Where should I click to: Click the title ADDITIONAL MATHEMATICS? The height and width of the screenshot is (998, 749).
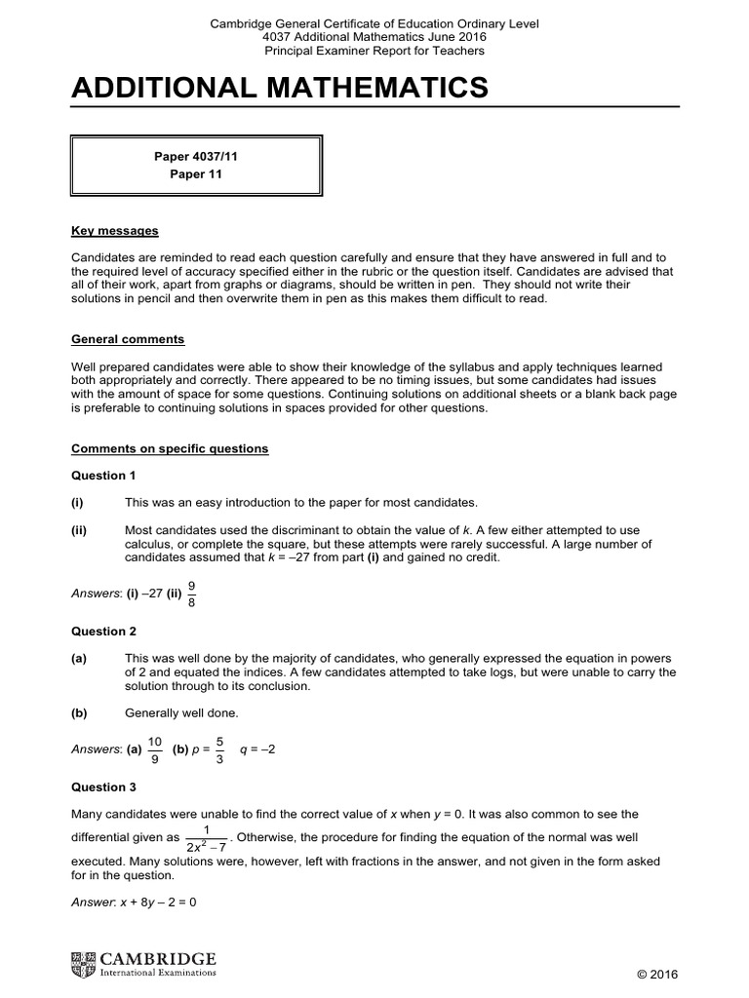(280, 89)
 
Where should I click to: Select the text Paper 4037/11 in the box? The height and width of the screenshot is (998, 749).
(196, 156)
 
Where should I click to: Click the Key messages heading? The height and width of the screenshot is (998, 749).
(115, 231)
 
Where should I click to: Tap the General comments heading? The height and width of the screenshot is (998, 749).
(128, 339)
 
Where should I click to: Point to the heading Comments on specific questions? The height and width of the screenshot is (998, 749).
(170, 448)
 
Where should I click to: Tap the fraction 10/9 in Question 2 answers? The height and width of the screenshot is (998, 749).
(155, 749)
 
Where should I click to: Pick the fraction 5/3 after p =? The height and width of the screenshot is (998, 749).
(219, 749)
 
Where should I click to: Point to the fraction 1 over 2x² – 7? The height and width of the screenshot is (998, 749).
(206, 838)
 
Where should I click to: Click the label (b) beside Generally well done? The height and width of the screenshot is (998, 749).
(79, 712)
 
